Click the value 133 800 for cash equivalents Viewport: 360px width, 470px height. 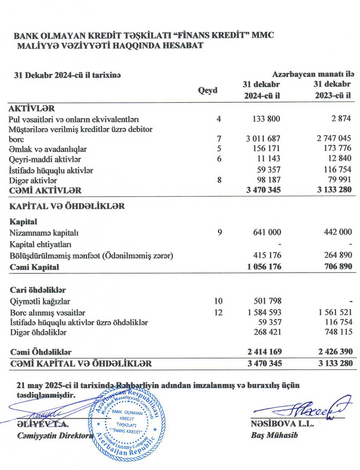pyautogui.click(x=266, y=119)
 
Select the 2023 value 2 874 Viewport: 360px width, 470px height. pyautogui.click(x=341, y=118)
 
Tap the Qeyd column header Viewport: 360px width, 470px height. pyautogui.click(x=208, y=90)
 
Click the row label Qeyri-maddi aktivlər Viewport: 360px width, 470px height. pyautogui.click(x=45, y=159)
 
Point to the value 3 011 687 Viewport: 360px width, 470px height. pyautogui.click(x=263, y=139)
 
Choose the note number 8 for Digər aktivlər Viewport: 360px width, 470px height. pyautogui.click(x=219, y=180)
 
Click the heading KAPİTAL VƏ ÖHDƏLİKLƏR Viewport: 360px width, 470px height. pyautogui.click(x=67, y=206)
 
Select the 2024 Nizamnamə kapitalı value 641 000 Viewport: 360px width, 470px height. pyautogui.click(x=267, y=232)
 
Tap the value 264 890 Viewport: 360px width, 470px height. pyautogui.click(x=338, y=255)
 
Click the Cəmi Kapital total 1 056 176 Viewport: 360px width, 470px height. pyautogui.click(x=264, y=267)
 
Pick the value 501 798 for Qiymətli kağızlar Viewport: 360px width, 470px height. pyautogui.click(x=267, y=301)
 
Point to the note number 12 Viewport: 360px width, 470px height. pyautogui.click(x=218, y=312)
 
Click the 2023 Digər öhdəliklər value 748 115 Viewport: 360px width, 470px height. pyautogui.click(x=338, y=332)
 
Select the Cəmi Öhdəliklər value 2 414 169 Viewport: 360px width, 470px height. pyautogui.click(x=264, y=352)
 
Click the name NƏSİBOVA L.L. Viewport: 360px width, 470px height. pyautogui.click(x=282, y=424)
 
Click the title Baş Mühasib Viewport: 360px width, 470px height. pyautogui.click(x=274, y=435)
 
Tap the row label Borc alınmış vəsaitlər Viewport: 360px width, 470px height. pyautogui.click(x=48, y=313)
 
